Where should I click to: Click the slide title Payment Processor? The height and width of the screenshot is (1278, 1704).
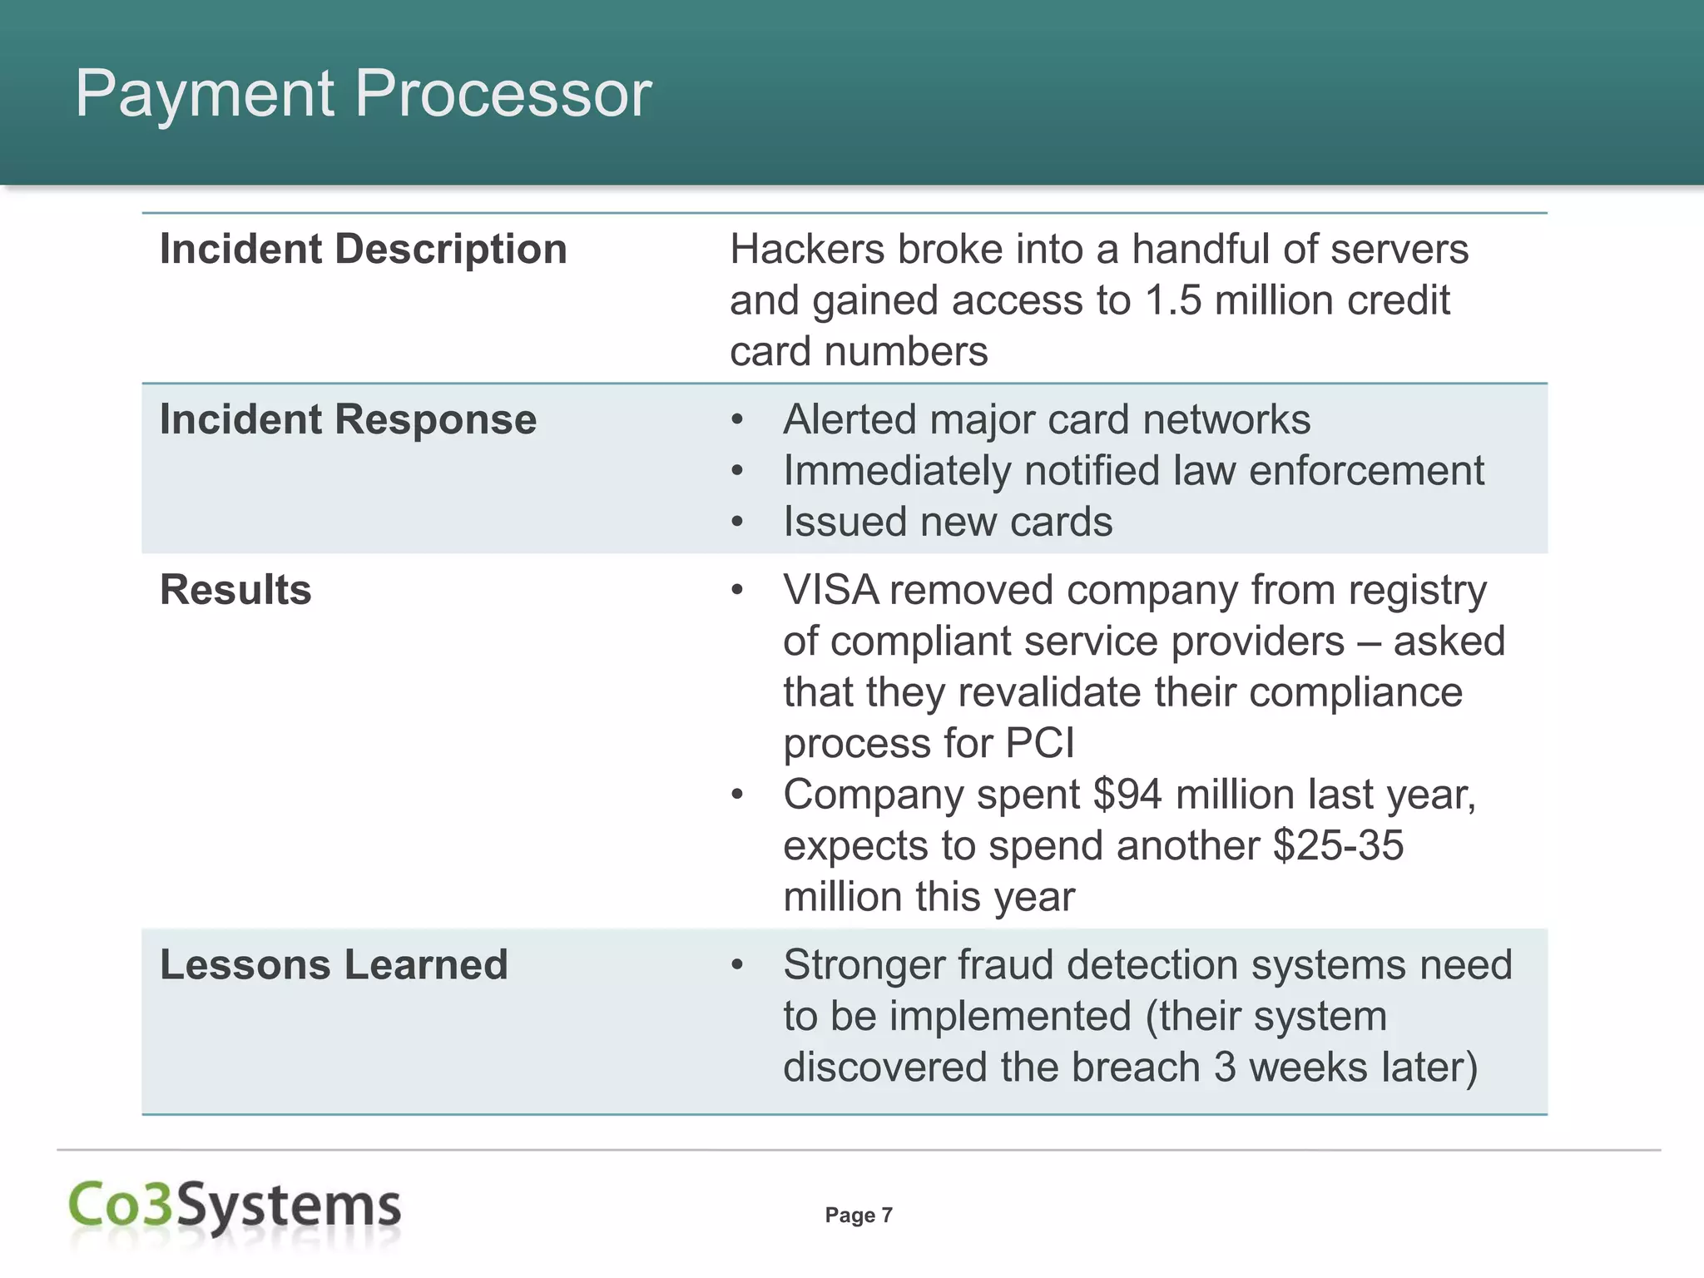[363, 93]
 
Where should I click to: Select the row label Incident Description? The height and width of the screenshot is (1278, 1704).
[363, 249]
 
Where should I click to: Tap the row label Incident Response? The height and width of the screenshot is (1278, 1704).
[348, 419]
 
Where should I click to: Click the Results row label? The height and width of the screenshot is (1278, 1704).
[235, 590]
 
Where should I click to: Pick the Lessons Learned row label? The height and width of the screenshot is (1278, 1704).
[334, 965]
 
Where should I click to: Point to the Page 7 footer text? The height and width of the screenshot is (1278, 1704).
[858, 1216]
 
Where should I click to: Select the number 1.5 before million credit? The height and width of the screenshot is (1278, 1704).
[1173, 300]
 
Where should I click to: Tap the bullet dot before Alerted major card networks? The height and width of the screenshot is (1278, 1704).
[736, 420]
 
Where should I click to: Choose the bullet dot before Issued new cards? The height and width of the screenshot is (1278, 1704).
[736, 523]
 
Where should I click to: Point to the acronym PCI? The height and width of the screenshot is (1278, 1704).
[1040, 743]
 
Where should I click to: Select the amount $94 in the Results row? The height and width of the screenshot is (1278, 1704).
[1127, 795]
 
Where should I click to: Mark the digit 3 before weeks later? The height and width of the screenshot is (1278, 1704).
[1225, 1067]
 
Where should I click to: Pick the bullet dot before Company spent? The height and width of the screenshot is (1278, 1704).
[736, 795]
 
